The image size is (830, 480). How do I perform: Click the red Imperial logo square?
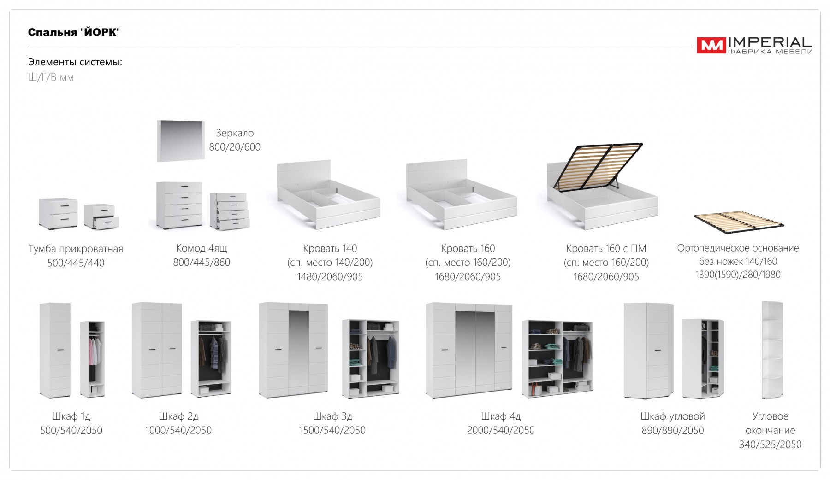tap(711, 46)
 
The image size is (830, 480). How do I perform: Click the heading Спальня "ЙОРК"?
tap(74, 32)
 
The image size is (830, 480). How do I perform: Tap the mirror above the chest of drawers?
tap(181, 141)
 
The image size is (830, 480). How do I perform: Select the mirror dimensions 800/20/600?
tap(235, 147)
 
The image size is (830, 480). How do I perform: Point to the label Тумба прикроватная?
tap(76, 249)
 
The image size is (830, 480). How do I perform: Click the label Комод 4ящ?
tap(202, 248)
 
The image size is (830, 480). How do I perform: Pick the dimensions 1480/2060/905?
tap(330, 277)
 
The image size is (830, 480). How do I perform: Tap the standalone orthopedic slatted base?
tap(739, 220)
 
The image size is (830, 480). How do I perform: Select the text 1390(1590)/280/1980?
tap(738, 275)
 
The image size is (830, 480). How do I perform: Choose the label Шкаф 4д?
tap(501, 416)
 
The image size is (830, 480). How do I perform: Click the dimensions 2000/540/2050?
tap(501, 430)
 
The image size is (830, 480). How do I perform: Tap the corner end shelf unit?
tap(772, 350)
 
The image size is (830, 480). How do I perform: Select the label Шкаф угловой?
tap(673, 416)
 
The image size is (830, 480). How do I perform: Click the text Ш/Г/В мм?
tap(51, 77)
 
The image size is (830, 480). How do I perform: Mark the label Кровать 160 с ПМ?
tap(606, 249)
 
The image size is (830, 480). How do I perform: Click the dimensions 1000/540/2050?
tap(178, 430)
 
